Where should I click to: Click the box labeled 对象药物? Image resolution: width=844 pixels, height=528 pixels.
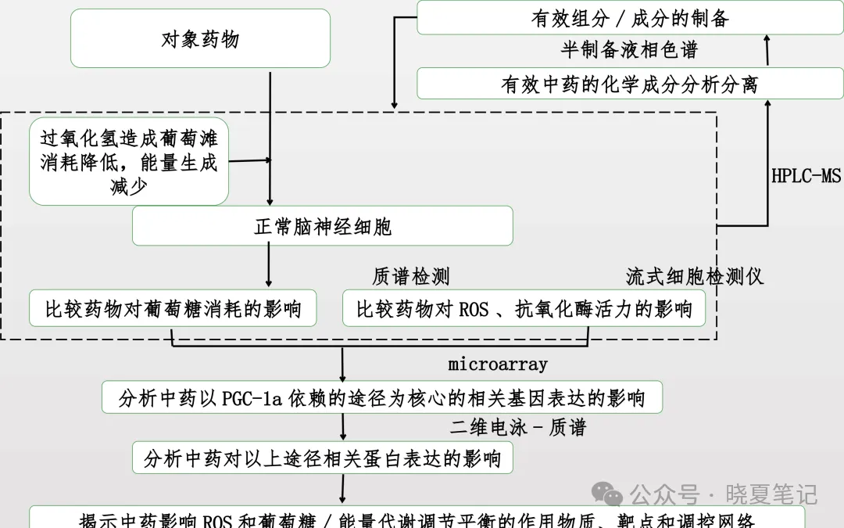200,38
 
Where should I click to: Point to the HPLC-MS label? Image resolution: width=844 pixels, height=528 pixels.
806,175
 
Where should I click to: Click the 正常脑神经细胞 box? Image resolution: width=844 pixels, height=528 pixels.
323,226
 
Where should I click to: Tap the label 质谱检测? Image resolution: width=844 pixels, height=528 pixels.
411,276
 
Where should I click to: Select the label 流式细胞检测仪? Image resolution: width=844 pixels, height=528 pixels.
694,276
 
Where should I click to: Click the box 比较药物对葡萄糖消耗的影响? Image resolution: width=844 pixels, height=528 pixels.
173,309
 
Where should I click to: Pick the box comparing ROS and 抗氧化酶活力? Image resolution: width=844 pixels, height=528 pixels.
524,309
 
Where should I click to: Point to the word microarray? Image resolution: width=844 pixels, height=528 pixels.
498,365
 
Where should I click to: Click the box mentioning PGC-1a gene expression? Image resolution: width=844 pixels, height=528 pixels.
381,398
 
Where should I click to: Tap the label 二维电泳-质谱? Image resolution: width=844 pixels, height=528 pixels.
517,427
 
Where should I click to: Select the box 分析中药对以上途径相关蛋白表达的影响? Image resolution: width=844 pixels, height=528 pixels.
323,458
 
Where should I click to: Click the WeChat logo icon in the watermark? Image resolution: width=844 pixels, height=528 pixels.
607,494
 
